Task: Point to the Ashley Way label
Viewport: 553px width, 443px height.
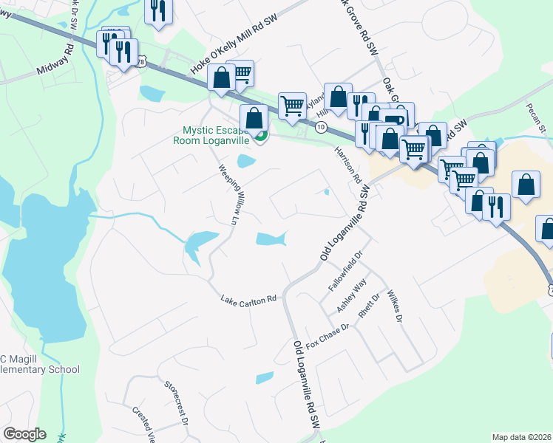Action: [x=352, y=296]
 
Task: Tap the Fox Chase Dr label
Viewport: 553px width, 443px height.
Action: [x=326, y=336]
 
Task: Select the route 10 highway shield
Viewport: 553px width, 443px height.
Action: [x=319, y=127]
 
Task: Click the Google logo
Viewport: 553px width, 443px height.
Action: [x=24, y=434]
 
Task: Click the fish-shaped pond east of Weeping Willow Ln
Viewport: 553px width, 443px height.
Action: [x=271, y=238]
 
